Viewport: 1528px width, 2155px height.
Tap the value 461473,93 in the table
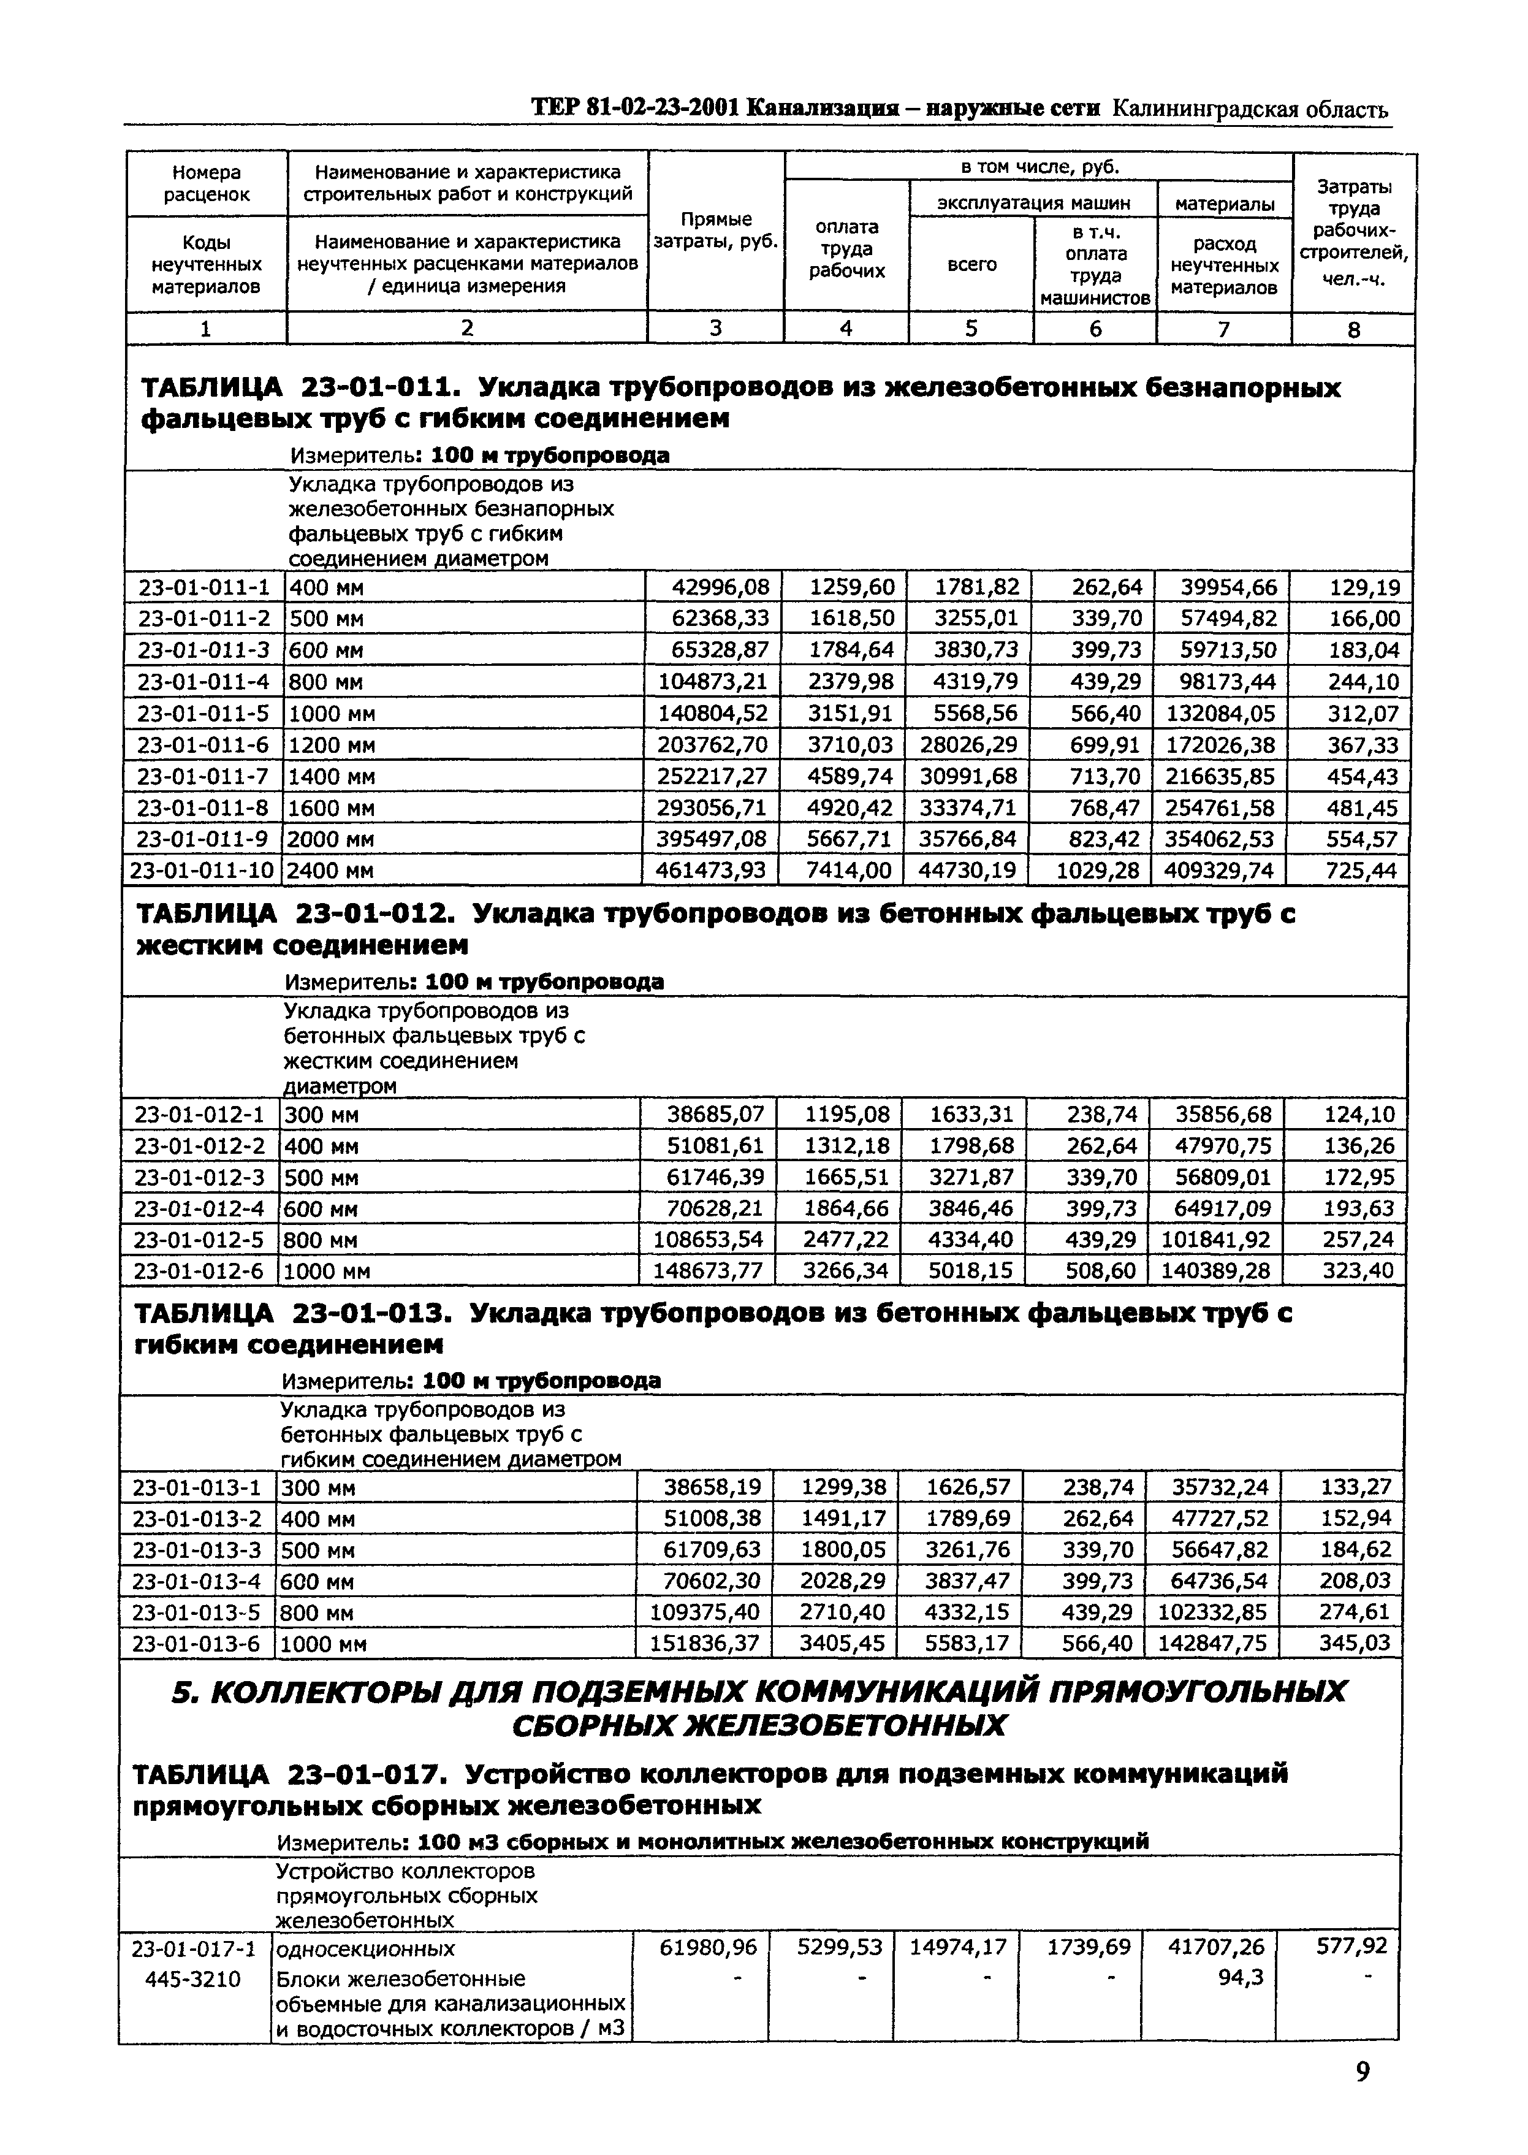coord(712,871)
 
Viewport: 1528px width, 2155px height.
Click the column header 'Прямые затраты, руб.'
coord(716,231)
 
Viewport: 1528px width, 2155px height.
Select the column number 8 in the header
coord(1354,329)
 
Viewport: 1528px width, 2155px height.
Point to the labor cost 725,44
coord(1363,871)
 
